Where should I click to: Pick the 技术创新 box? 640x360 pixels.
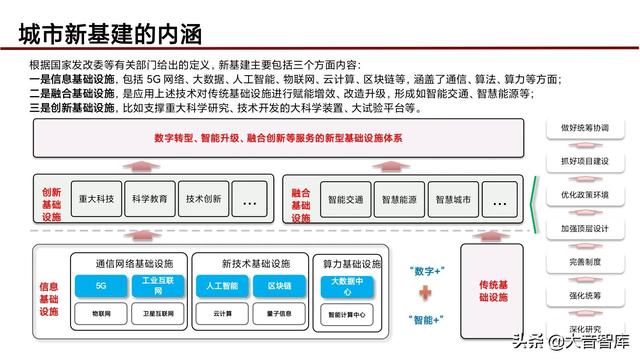[x=203, y=199]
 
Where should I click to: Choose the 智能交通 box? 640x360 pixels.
[x=346, y=200]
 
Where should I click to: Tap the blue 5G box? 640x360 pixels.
[x=100, y=286]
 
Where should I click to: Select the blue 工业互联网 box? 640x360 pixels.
[x=146, y=286]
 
